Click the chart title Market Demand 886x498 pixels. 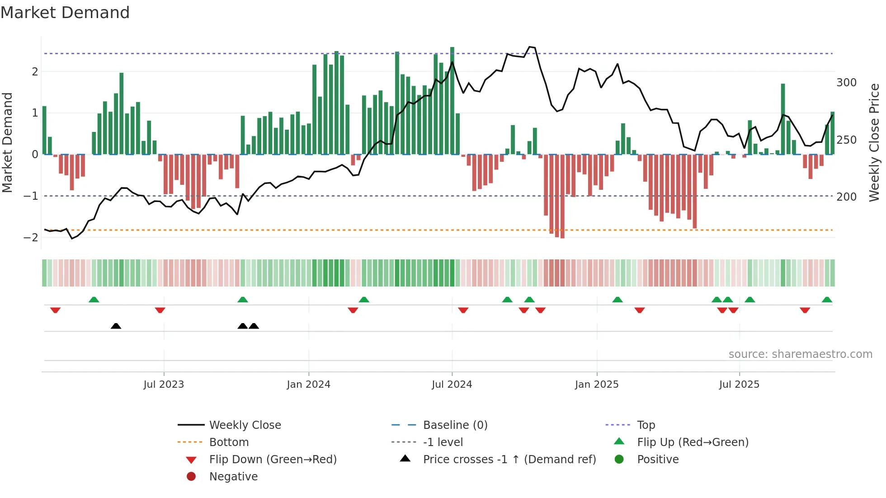click(65, 13)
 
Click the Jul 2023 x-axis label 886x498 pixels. click(164, 385)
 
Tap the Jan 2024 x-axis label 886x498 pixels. click(308, 385)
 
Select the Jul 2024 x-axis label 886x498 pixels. click(452, 385)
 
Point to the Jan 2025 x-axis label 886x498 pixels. click(596, 385)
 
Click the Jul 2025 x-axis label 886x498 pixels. click(739, 385)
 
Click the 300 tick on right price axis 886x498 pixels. click(846, 83)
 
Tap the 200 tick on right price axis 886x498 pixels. click(846, 197)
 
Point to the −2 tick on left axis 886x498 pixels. click(31, 238)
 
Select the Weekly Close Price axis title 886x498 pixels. click(874, 142)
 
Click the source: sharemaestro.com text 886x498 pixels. click(800, 354)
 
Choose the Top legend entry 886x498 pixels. click(646, 425)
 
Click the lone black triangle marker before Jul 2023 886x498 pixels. click(116, 326)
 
